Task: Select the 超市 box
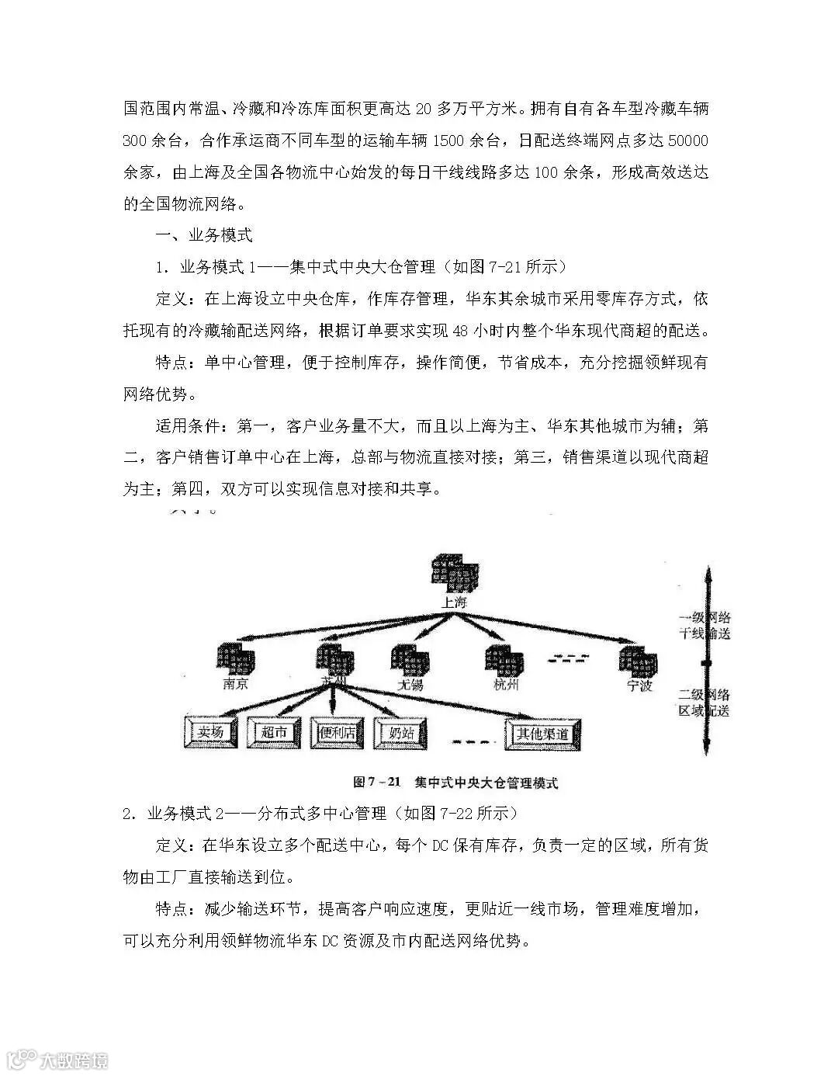tap(274, 732)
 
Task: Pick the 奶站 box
tap(400, 732)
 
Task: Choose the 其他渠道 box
tap(543, 733)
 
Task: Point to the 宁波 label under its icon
tap(640, 686)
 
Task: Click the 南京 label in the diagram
tap(235, 685)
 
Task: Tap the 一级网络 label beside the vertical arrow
tap(705, 618)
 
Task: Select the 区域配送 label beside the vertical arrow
tap(704, 711)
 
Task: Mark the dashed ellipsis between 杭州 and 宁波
tap(567, 660)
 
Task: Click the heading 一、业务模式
tap(204, 235)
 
